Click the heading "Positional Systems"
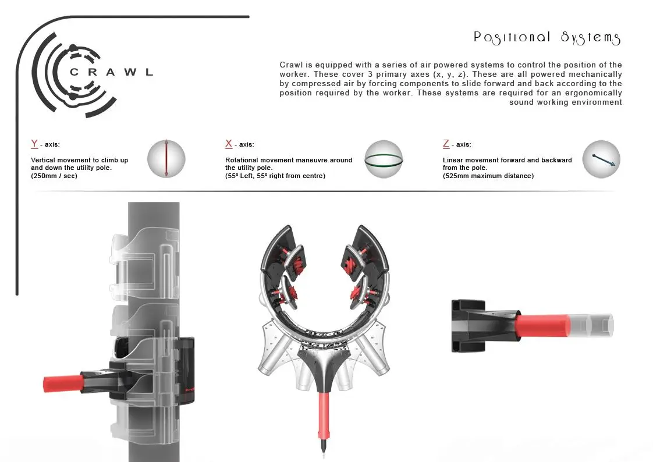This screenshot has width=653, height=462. pyautogui.click(x=547, y=37)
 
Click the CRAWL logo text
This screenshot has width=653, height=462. pyautogui.click(x=111, y=72)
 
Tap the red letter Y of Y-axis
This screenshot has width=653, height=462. pyautogui.click(x=34, y=144)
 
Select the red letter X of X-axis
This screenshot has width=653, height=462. pyautogui.click(x=229, y=144)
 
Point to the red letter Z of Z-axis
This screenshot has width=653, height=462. pyautogui.click(x=446, y=144)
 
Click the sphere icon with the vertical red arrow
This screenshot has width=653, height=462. pyautogui.click(x=166, y=159)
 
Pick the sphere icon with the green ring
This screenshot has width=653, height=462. pyautogui.click(x=384, y=159)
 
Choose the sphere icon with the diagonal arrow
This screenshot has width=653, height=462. pyautogui.click(x=601, y=159)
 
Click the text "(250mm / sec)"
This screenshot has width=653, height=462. pyautogui.click(x=54, y=176)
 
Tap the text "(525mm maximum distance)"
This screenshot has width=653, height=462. pyautogui.click(x=488, y=176)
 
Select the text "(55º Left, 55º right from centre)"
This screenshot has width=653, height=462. pyautogui.click(x=275, y=176)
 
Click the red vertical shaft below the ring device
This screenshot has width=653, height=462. pyautogui.click(x=324, y=414)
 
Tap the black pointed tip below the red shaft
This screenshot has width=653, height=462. pyautogui.click(x=324, y=445)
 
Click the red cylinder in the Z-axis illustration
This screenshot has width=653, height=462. pyautogui.click(x=542, y=325)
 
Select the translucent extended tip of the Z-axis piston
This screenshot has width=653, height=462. pyautogui.click(x=591, y=325)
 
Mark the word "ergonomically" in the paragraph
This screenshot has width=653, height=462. pyautogui.click(x=594, y=93)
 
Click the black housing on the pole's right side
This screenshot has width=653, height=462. pyautogui.click(x=186, y=371)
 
